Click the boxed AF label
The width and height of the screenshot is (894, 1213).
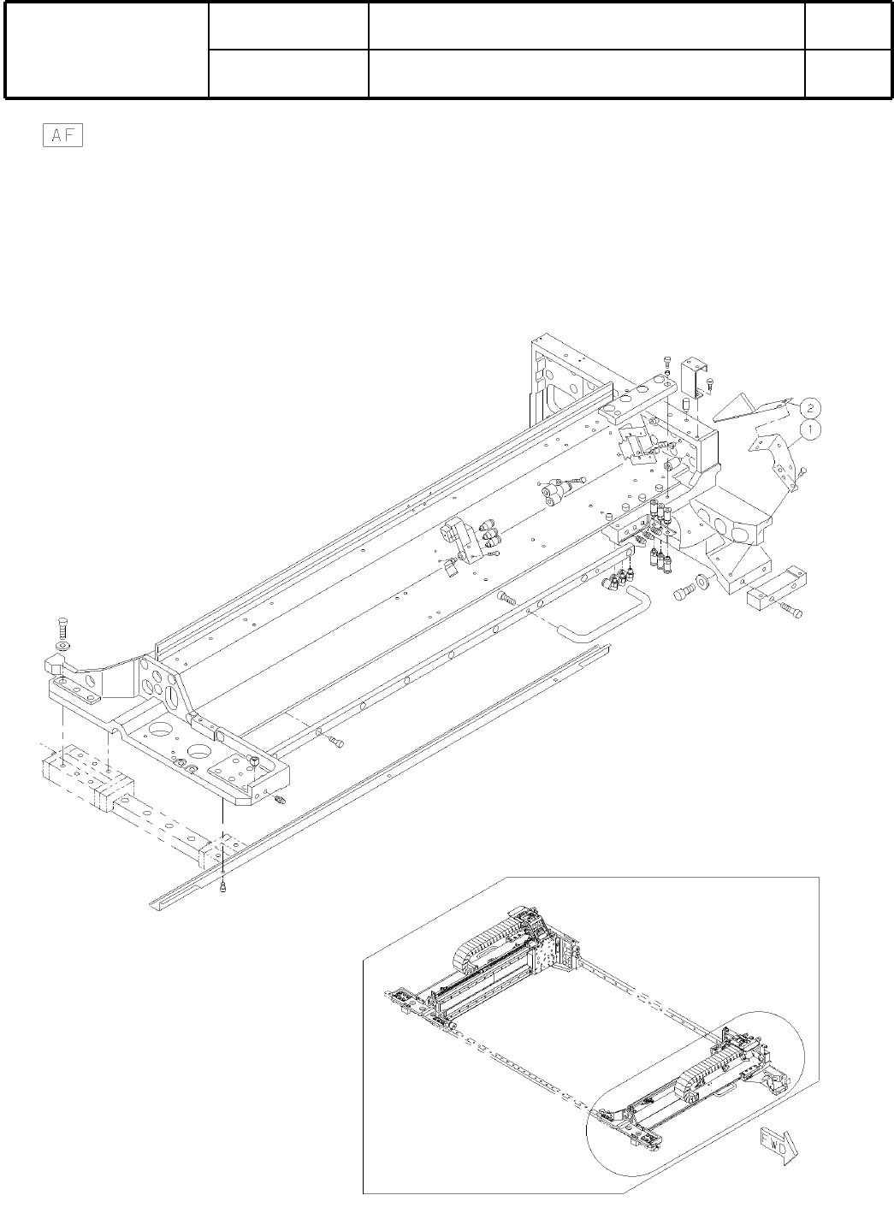click(x=62, y=137)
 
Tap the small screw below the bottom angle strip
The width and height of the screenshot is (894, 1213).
click(x=223, y=888)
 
